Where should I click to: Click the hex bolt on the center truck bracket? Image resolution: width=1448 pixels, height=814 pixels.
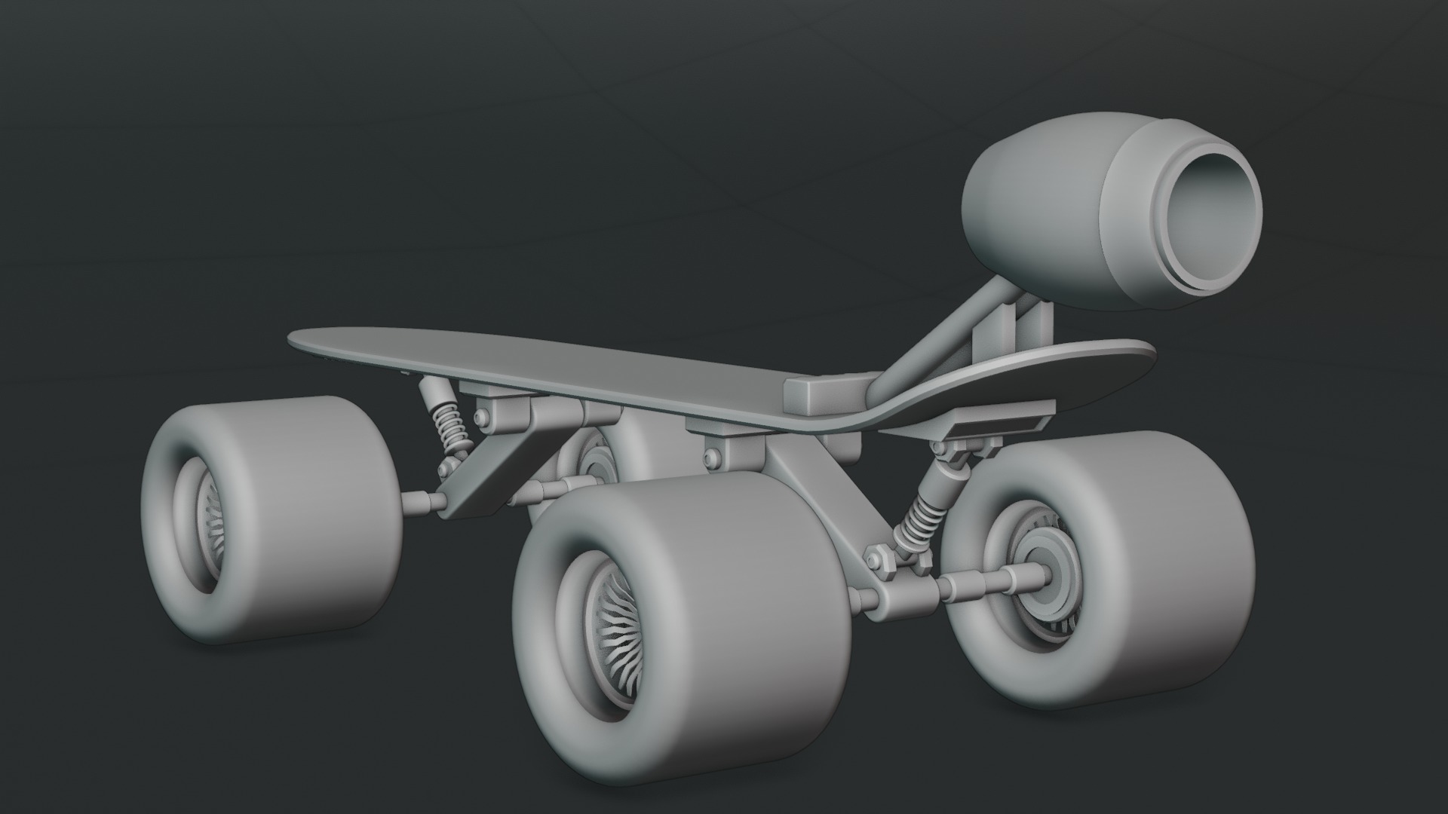click(x=710, y=456)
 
